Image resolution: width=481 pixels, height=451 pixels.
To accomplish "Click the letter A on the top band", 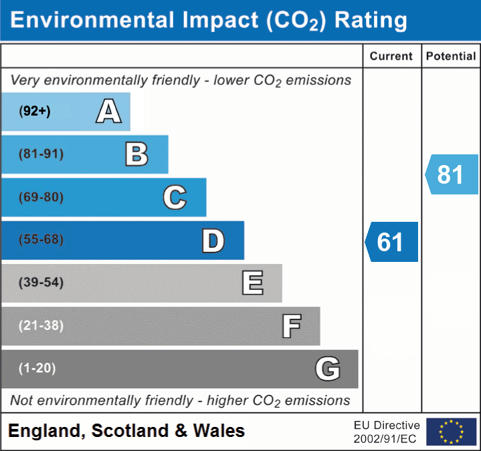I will tap(108, 112).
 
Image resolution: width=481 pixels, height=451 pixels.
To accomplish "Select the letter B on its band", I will tap(136, 154).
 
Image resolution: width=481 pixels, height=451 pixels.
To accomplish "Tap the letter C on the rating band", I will tap(175, 197).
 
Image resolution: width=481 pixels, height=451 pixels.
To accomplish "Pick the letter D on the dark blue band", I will tap(213, 241).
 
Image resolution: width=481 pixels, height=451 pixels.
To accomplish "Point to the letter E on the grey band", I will tap(252, 283).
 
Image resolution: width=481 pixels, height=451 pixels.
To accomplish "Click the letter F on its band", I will tap(291, 326).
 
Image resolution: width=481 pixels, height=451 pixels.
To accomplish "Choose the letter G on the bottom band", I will tap(328, 369).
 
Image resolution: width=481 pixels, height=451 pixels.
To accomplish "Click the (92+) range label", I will tap(35, 112).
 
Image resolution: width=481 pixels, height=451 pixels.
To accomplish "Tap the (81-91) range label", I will tap(41, 154).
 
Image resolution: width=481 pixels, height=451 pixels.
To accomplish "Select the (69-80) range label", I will tap(41, 197).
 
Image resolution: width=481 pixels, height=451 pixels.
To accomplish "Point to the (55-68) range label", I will tap(41, 240).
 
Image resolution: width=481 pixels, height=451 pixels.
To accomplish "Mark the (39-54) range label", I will tap(41, 283).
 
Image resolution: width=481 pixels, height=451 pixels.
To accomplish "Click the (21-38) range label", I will tap(41, 325).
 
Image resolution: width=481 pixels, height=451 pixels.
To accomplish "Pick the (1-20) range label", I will tap(37, 368).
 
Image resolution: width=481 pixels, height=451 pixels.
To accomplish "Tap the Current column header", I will tap(391, 57).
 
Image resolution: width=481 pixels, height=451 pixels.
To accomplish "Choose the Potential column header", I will tap(451, 57).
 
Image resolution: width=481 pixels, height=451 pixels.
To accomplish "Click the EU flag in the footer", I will tap(451, 432).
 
